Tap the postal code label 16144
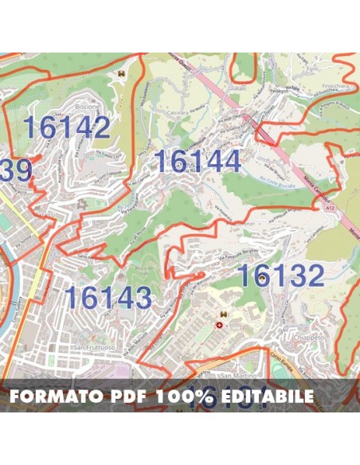pos(197,162)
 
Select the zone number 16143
pos(108,298)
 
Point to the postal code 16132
pos(281,275)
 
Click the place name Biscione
pos(87,107)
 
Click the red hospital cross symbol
pos(221,325)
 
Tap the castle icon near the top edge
pos(122,73)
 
